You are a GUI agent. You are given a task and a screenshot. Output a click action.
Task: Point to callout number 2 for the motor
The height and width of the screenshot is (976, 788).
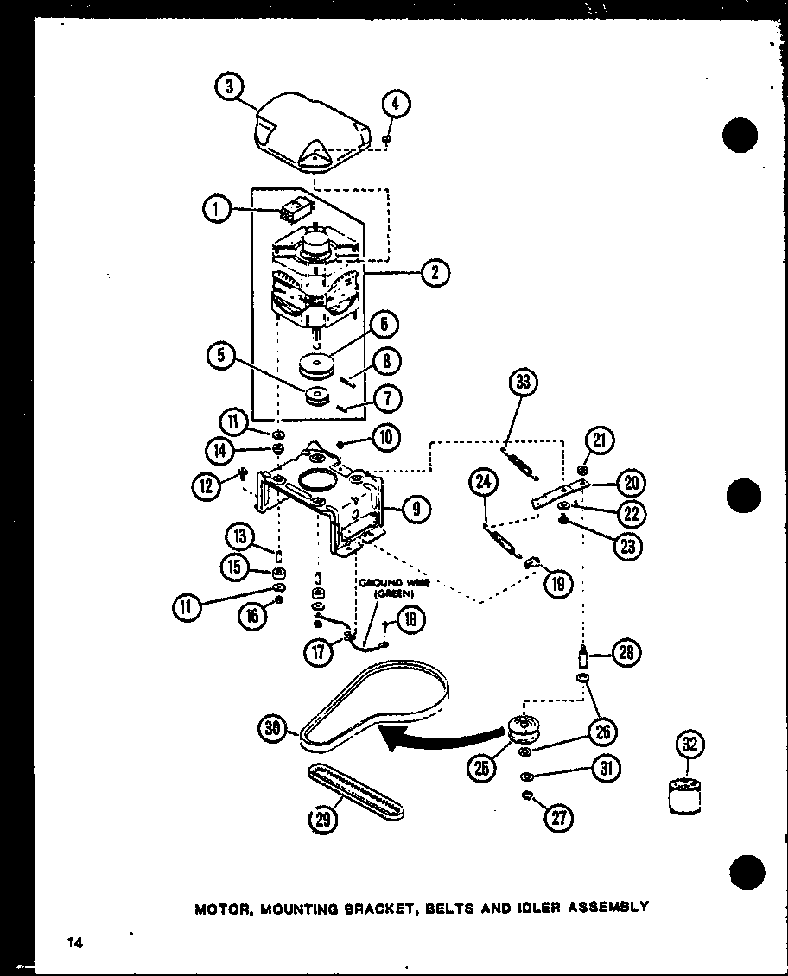tap(435, 273)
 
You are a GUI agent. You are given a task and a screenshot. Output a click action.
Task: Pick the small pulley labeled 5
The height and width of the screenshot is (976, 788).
tap(317, 399)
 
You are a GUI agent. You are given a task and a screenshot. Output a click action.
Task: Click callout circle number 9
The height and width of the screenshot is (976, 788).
tap(416, 509)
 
